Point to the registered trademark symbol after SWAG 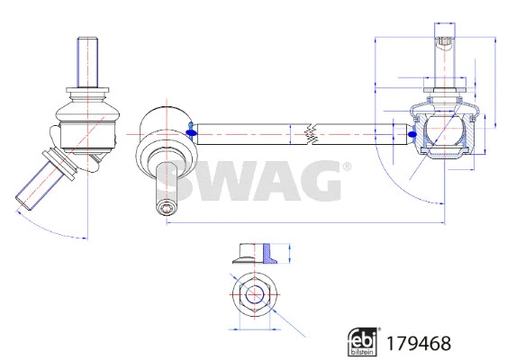pyautogui.click(x=345, y=167)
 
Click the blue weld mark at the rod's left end pyautogui.click(x=190, y=133)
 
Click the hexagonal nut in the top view pyautogui.click(x=253, y=294)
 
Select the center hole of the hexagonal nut pyautogui.click(x=253, y=294)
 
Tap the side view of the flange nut pyautogui.click(x=253, y=251)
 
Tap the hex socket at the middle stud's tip pyautogui.click(x=168, y=209)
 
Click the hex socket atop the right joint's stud pyautogui.click(x=444, y=40)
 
